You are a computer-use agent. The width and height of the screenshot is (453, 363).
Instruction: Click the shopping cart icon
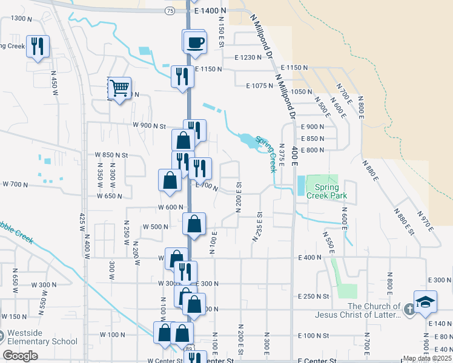[119, 88]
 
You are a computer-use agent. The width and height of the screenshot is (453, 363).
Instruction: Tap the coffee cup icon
[195, 42]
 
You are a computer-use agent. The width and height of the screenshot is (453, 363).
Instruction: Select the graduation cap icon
[426, 301]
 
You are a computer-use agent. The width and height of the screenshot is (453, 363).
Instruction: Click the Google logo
[20, 356]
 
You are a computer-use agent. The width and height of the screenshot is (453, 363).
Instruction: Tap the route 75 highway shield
[170, 11]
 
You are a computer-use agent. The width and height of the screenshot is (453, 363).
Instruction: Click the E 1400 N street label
[210, 11]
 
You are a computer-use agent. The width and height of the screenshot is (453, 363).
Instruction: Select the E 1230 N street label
[251, 57]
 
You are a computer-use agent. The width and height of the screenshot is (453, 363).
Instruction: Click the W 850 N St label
[112, 155]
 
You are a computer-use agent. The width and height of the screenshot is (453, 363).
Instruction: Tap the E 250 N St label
[313, 296]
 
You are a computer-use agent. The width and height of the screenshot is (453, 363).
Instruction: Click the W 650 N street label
[110, 196]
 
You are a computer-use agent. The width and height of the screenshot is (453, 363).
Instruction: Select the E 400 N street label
[309, 258]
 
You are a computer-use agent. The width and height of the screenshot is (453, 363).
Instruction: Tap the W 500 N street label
[156, 227]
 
